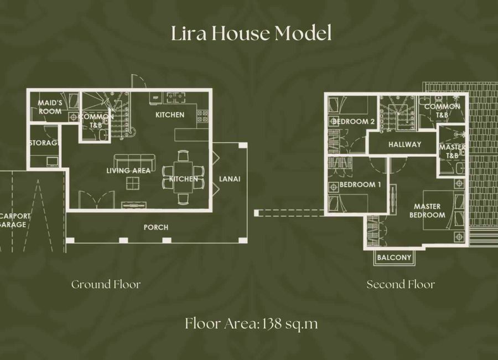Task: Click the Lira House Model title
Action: click(x=251, y=33)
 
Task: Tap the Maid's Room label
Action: click(x=50, y=107)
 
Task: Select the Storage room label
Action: click(x=44, y=143)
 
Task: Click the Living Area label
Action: click(x=128, y=171)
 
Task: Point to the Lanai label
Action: click(x=230, y=179)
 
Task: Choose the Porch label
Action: click(x=156, y=228)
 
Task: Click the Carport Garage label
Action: click(x=14, y=220)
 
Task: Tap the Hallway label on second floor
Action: click(x=404, y=145)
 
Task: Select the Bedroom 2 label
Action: click(x=354, y=121)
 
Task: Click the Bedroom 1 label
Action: click(x=360, y=184)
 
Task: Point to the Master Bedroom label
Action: click(x=427, y=211)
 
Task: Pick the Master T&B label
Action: click(x=452, y=151)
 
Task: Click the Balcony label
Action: click(x=394, y=258)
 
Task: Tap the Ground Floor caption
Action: click(x=106, y=284)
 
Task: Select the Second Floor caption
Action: click(x=401, y=284)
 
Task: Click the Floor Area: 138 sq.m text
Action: click(x=251, y=324)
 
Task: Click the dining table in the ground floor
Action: click(x=183, y=177)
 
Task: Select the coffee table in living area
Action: click(x=132, y=183)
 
